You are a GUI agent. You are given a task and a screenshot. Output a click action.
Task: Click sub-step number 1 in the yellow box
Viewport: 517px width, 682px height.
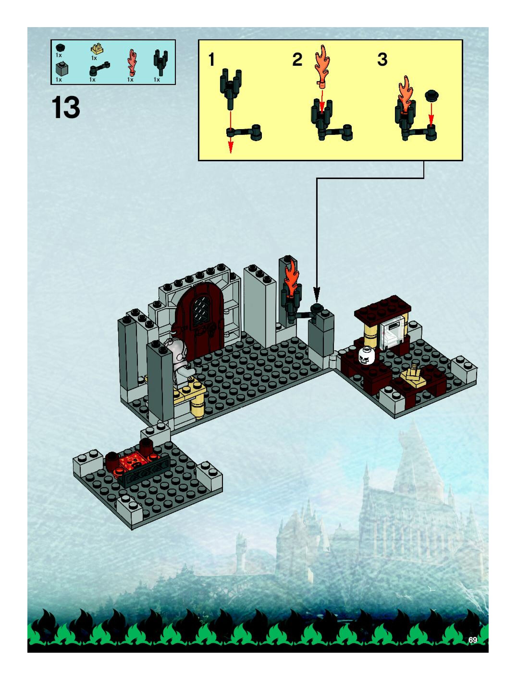coord(211,60)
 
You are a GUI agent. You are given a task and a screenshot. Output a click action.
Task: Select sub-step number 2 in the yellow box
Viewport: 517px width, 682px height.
coord(297,60)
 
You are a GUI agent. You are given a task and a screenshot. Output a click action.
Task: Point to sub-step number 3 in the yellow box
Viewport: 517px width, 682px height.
coord(382,60)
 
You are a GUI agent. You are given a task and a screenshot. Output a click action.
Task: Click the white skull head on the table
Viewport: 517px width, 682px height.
coord(366,355)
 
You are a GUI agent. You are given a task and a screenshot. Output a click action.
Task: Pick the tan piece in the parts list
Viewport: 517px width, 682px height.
coord(97,49)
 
